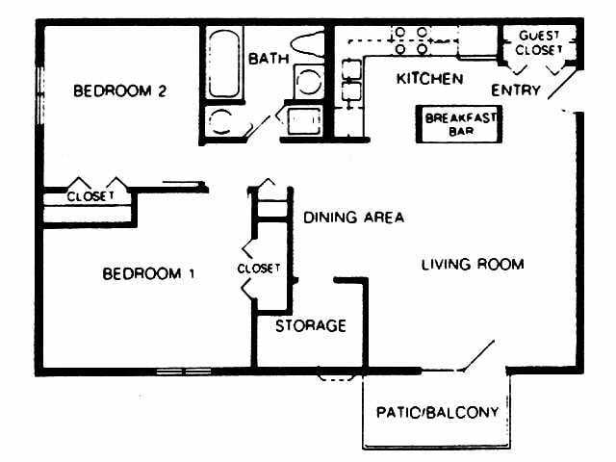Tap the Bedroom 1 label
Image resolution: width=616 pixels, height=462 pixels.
(x=148, y=273)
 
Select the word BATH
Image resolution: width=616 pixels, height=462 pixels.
(x=269, y=59)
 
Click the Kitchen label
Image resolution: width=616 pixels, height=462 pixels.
(x=429, y=78)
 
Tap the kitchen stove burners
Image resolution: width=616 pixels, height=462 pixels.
(x=411, y=39)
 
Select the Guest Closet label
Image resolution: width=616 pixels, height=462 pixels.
(x=539, y=43)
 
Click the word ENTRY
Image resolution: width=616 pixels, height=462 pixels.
(x=516, y=90)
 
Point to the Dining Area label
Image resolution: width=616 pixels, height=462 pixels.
(x=353, y=217)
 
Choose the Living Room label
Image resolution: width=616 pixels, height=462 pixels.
(x=473, y=264)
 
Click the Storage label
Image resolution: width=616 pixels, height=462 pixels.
(x=310, y=325)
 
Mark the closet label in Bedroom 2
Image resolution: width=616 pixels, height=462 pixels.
(x=90, y=195)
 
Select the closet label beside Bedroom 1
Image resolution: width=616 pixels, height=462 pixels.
(x=258, y=268)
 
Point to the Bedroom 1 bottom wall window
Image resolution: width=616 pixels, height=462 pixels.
(x=184, y=372)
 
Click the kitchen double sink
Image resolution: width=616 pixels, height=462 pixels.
(x=350, y=82)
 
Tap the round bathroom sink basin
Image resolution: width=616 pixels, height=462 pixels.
(x=220, y=122)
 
